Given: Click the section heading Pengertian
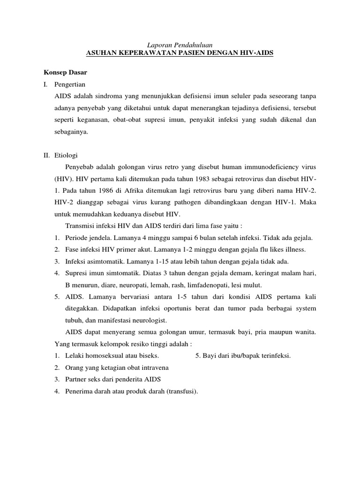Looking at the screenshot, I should coord(69,85).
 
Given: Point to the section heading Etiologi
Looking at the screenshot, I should coord(67,155).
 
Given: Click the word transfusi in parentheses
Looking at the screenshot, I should coord(183,391).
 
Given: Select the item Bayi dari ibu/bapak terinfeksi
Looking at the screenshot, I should coord(243,356).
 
